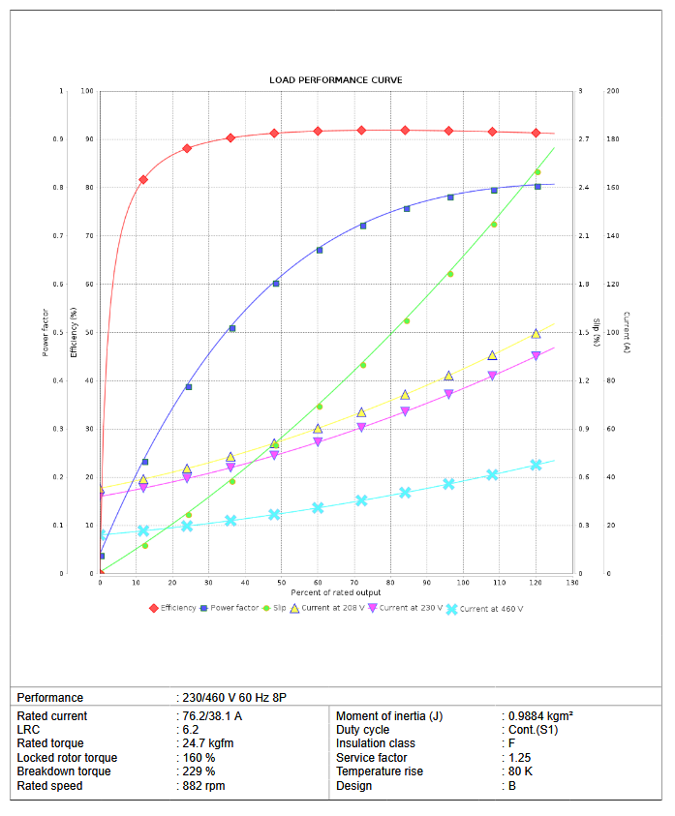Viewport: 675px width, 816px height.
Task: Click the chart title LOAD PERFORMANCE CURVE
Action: coord(336,79)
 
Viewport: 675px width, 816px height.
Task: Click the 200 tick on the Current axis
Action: coord(612,91)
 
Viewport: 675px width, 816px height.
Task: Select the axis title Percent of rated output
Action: coord(336,591)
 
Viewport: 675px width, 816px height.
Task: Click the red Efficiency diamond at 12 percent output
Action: coord(143,179)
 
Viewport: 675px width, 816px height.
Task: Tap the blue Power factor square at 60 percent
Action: coord(319,250)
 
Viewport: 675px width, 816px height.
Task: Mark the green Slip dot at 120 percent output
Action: coord(537,172)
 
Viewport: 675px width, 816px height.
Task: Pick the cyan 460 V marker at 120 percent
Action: coord(537,465)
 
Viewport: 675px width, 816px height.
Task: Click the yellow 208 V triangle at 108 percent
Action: coord(492,355)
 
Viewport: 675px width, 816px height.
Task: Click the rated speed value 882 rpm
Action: coord(205,786)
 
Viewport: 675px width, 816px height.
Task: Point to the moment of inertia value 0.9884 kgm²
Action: coord(541,716)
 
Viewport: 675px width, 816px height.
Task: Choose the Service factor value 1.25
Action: coord(520,758)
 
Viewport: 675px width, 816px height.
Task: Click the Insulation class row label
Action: coord(376,743)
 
